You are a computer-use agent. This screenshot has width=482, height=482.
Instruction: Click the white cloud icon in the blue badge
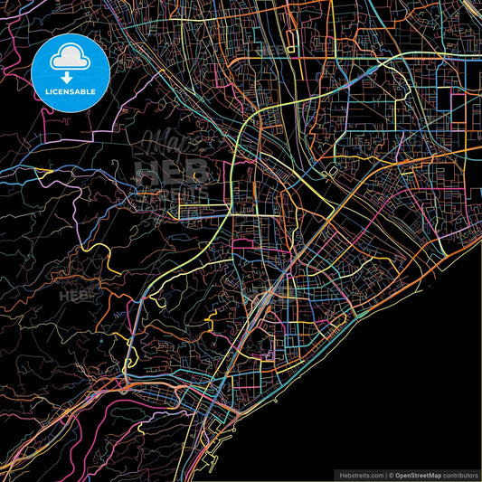pos(70,59)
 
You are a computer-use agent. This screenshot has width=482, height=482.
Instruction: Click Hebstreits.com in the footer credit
pos(360,474)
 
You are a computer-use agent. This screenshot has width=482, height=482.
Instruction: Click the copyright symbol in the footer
pos(391,474)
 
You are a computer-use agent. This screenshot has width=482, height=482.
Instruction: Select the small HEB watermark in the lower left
pos(74,296)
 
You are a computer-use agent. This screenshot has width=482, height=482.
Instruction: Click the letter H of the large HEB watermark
pos(145,172)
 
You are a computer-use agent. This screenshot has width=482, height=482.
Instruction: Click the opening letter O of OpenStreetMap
pos(399,474)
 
